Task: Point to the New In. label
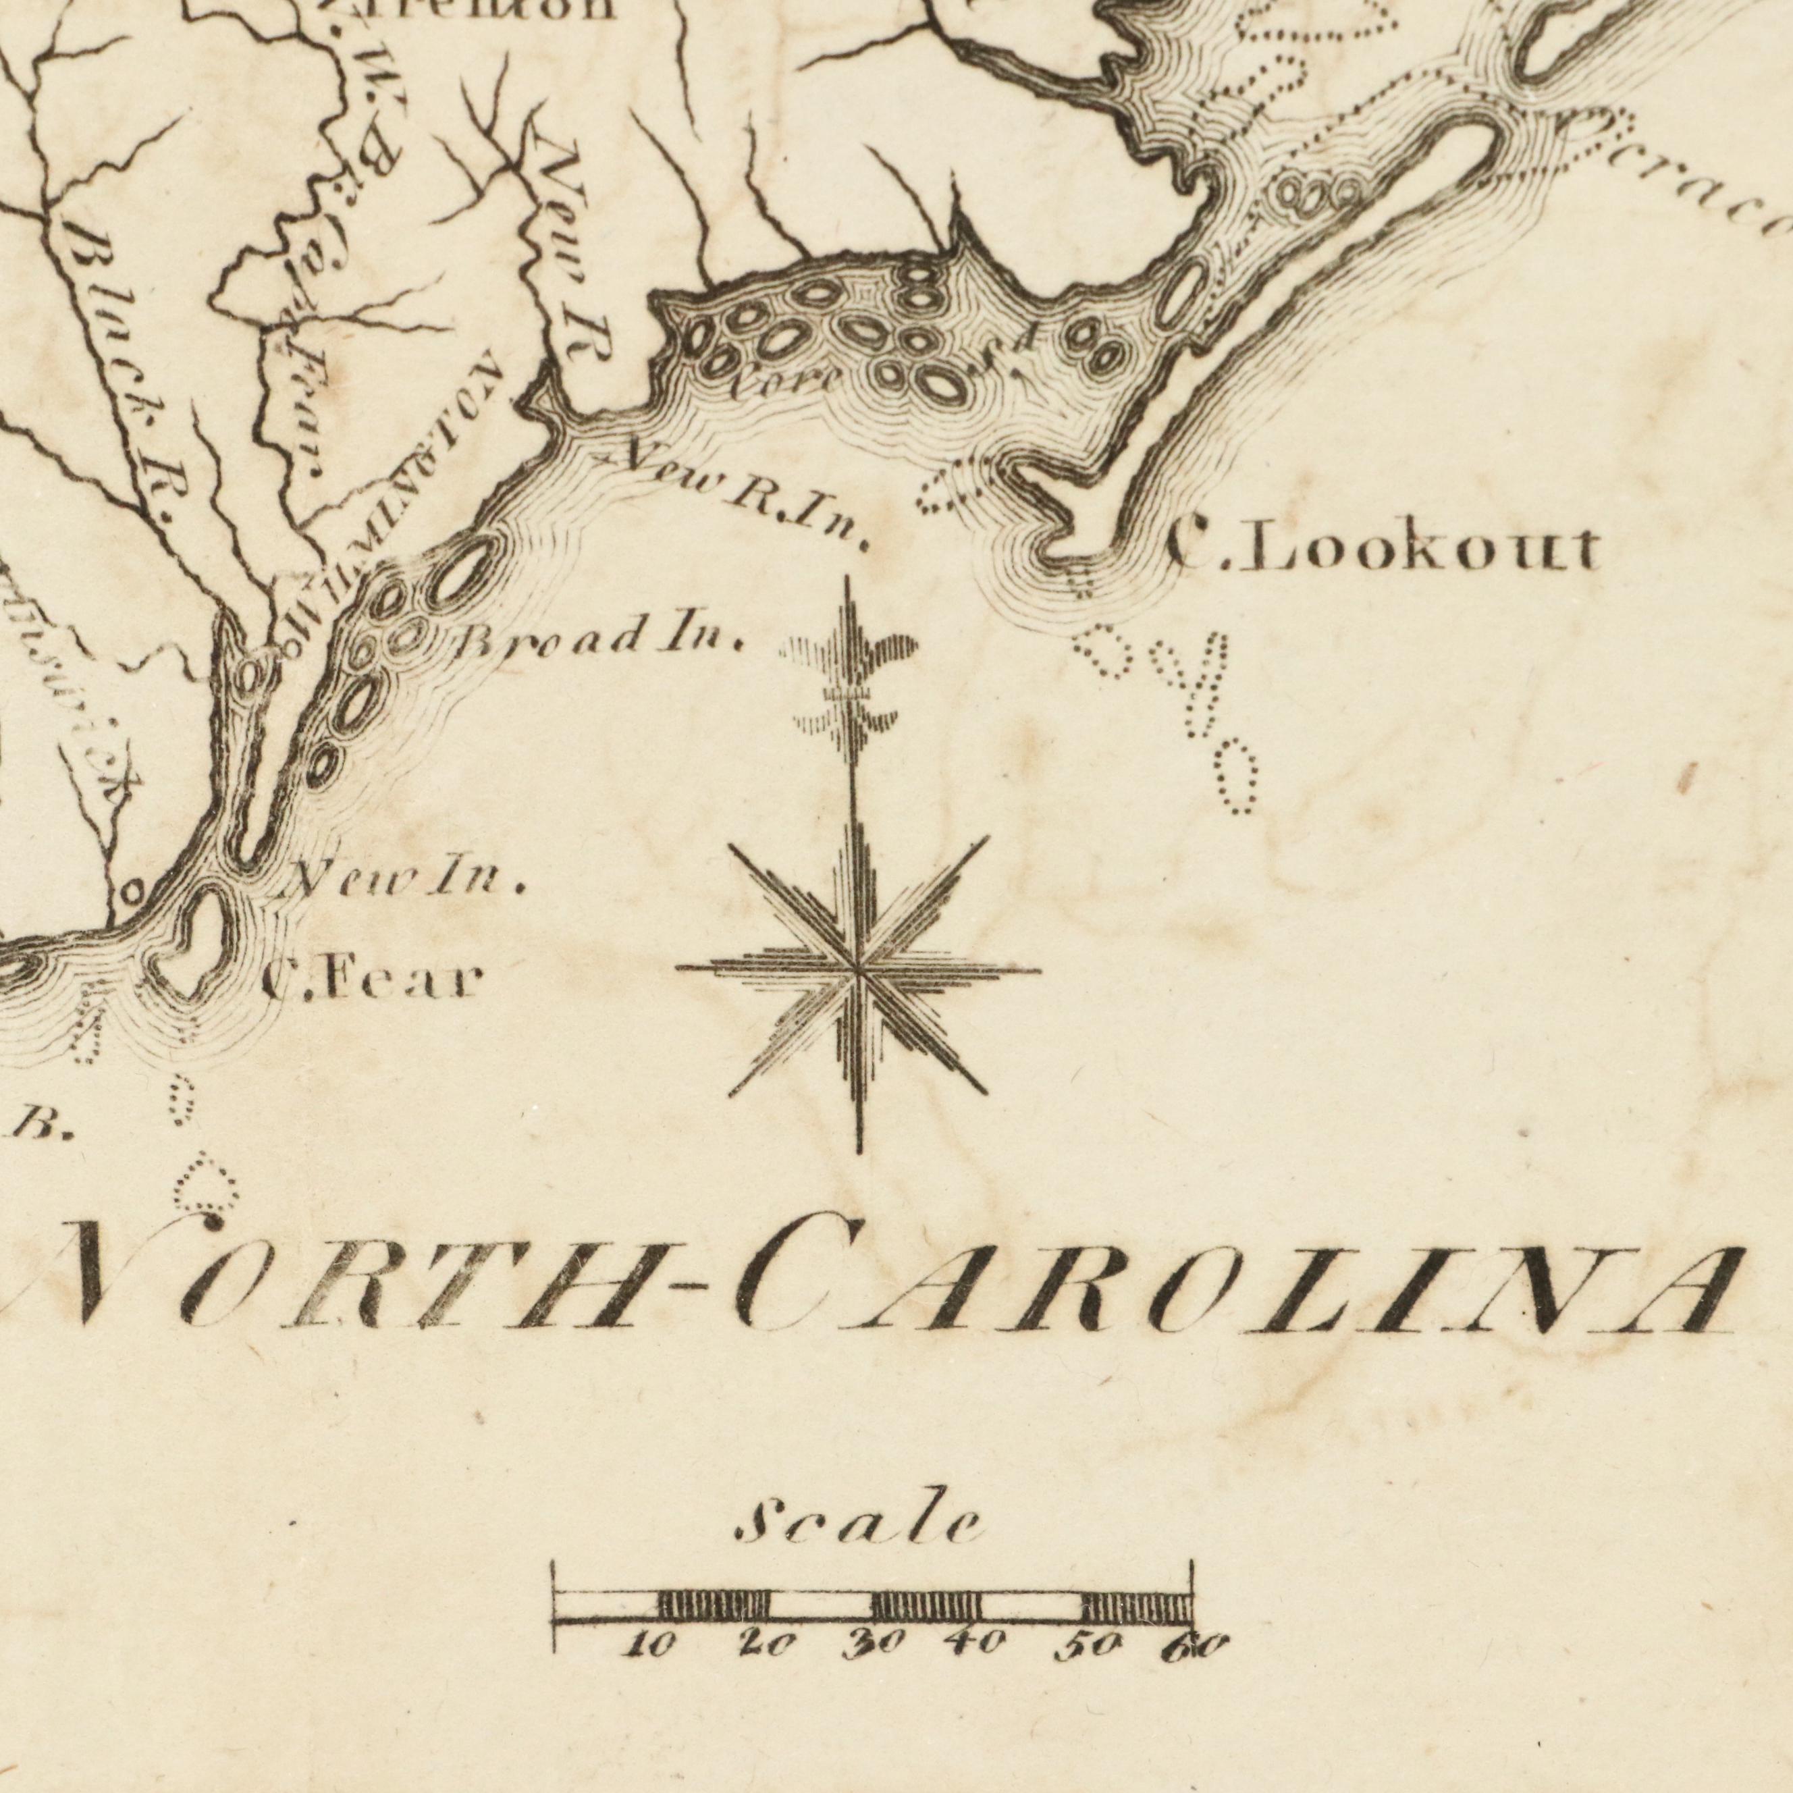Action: point(409,878)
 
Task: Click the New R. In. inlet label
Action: point(743,498)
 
